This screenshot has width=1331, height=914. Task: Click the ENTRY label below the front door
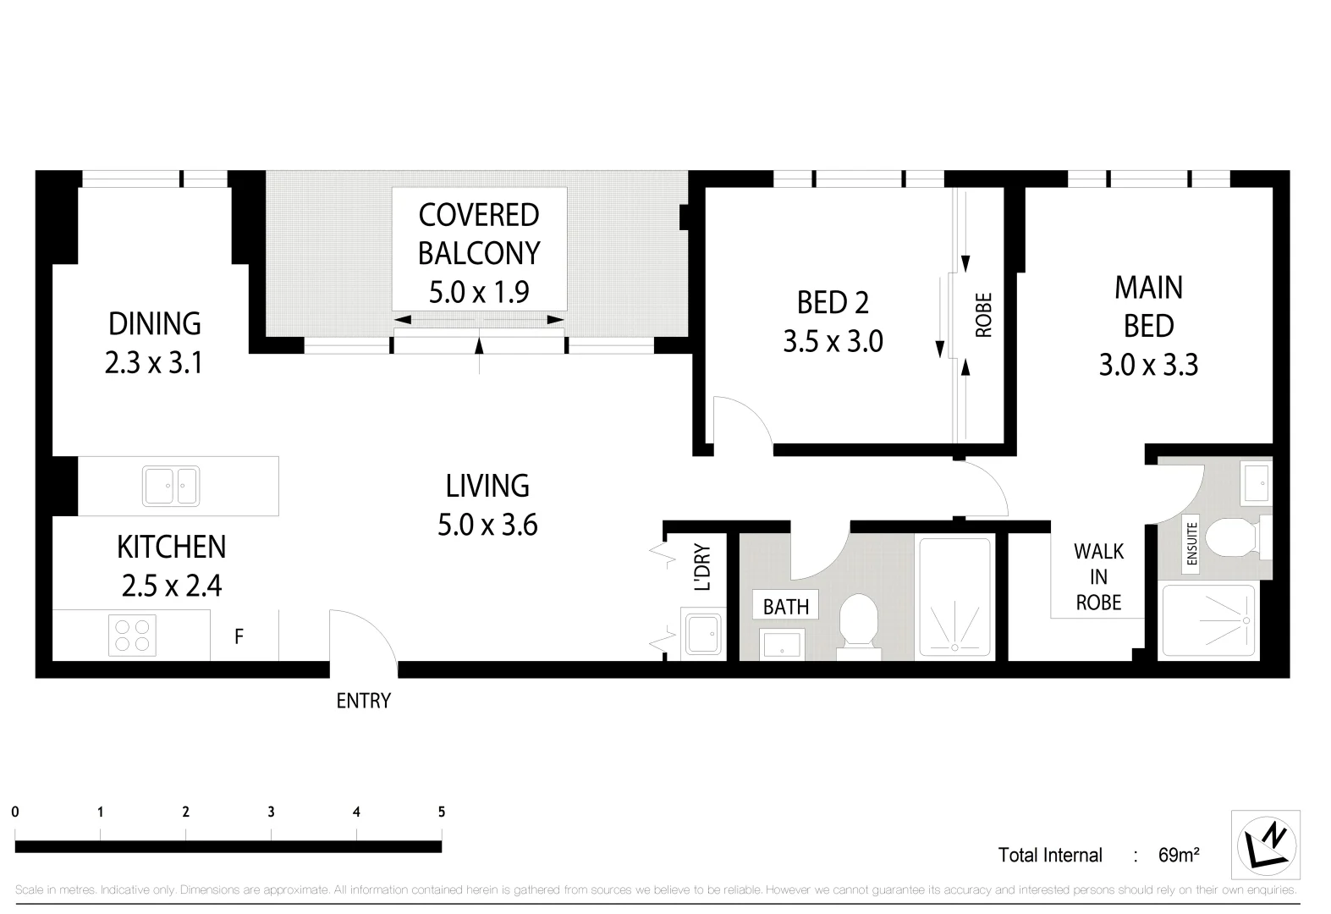point(363,701)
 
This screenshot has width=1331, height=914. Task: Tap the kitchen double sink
point(171,486)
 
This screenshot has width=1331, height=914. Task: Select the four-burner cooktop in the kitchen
point(133,636)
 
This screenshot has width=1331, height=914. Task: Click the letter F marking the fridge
point(239,636)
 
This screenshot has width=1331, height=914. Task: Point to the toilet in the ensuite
point(1229,537)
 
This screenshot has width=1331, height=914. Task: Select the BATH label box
point(786,606)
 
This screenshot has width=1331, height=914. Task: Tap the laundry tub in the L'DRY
point(702,633)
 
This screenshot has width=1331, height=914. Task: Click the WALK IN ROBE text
point(1098,576)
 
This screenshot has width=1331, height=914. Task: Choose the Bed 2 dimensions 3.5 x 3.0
point(833,342)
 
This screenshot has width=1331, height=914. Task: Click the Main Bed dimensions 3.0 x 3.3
point(1148,365)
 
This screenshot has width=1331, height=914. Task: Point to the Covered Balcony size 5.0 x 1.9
point(479,292)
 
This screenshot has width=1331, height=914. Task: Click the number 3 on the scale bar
point(271,812)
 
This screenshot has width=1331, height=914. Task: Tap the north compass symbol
point(1267,844)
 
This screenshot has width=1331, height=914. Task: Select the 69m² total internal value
point(1178,855)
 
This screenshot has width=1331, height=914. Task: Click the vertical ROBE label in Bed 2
point(983,315)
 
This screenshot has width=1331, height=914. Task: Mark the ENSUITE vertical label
point(1192,544)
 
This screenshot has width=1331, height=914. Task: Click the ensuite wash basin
point(1255,481)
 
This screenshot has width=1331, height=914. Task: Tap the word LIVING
point(487,486)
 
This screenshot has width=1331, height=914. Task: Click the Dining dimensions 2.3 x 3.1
point(154,363)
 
